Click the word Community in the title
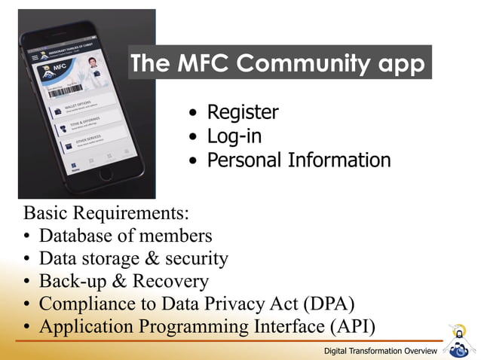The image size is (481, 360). point(302,65)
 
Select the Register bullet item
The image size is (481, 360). point(243,113)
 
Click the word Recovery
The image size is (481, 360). point(170,281)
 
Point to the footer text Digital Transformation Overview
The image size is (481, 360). point(381,352)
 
